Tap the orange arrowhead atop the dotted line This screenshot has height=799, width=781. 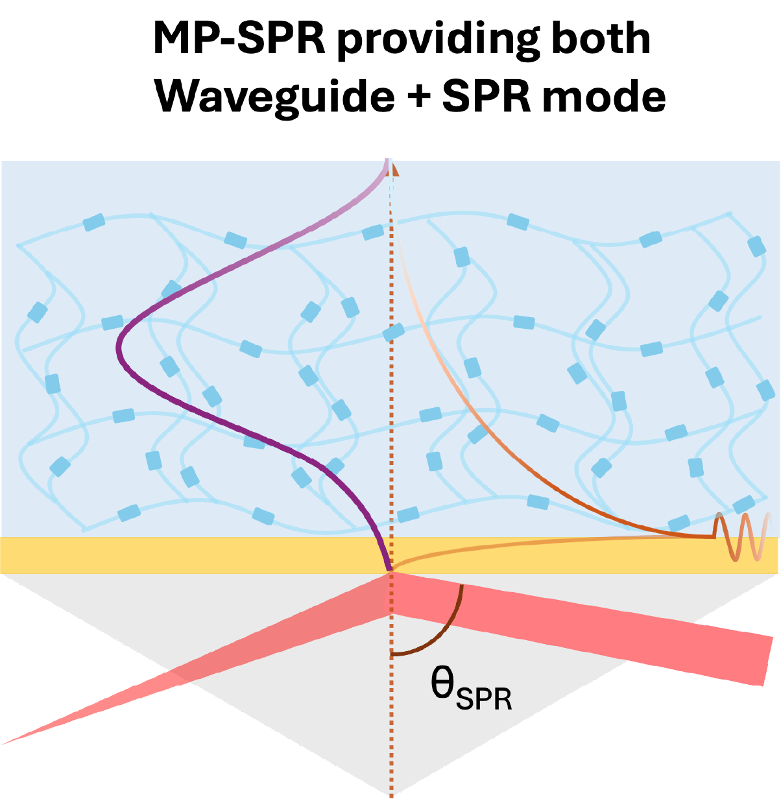tap(394, 170)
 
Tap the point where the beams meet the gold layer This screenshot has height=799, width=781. tap(391, 572)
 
